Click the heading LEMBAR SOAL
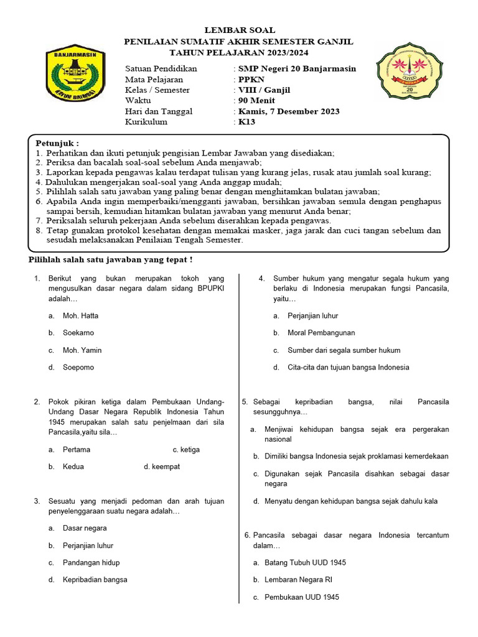coord(239,30)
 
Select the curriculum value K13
coord(246,122)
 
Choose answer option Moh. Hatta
coord(80,316)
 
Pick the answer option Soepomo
coord(78,368)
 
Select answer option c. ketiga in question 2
coord(186,450)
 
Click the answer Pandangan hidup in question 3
coord(91,562)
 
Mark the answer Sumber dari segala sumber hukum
coord(344,350)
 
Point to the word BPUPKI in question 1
coord(210,289)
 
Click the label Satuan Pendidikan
coord(161,68)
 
